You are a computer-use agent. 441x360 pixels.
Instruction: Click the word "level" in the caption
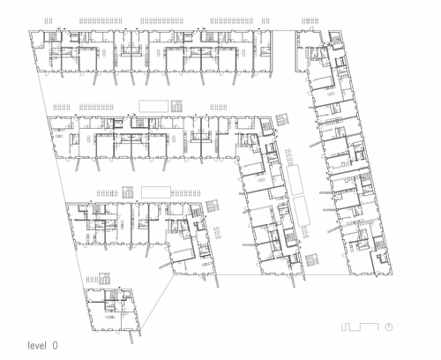point(37,345)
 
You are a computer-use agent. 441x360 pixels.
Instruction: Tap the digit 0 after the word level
point(55,345)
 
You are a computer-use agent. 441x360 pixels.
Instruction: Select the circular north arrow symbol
point(389,326)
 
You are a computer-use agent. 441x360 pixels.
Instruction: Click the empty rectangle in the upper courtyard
point(153,106)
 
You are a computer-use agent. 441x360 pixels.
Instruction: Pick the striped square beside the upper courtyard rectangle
point(176,106)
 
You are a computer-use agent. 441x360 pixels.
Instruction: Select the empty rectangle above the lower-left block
point(156,192)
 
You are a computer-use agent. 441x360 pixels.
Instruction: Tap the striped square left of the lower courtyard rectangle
point(128,192)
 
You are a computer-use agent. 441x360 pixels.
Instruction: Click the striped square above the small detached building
point(105,279)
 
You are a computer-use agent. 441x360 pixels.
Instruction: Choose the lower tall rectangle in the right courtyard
point(302,212)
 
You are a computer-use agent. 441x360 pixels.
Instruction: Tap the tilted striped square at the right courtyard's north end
point(283,119)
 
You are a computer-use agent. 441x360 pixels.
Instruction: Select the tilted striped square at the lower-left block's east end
point(213,206)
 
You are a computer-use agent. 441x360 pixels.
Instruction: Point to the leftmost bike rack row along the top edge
point(49,20)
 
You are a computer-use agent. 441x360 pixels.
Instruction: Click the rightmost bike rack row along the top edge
point(310,20)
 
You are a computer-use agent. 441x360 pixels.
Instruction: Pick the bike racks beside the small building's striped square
point(92,279)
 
